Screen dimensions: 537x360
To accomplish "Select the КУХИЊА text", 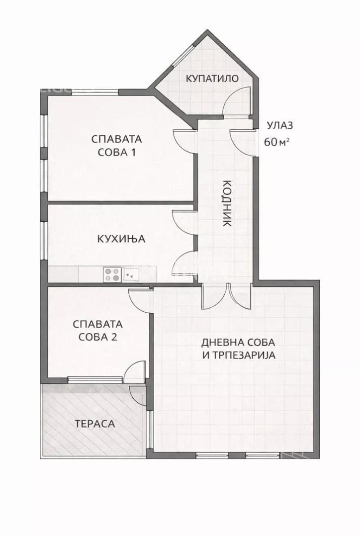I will click(121, 239).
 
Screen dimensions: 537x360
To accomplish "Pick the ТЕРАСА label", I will click(95, 424).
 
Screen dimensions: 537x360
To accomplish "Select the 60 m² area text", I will click(277, 142).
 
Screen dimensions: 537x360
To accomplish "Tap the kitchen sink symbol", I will click(133, 273).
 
